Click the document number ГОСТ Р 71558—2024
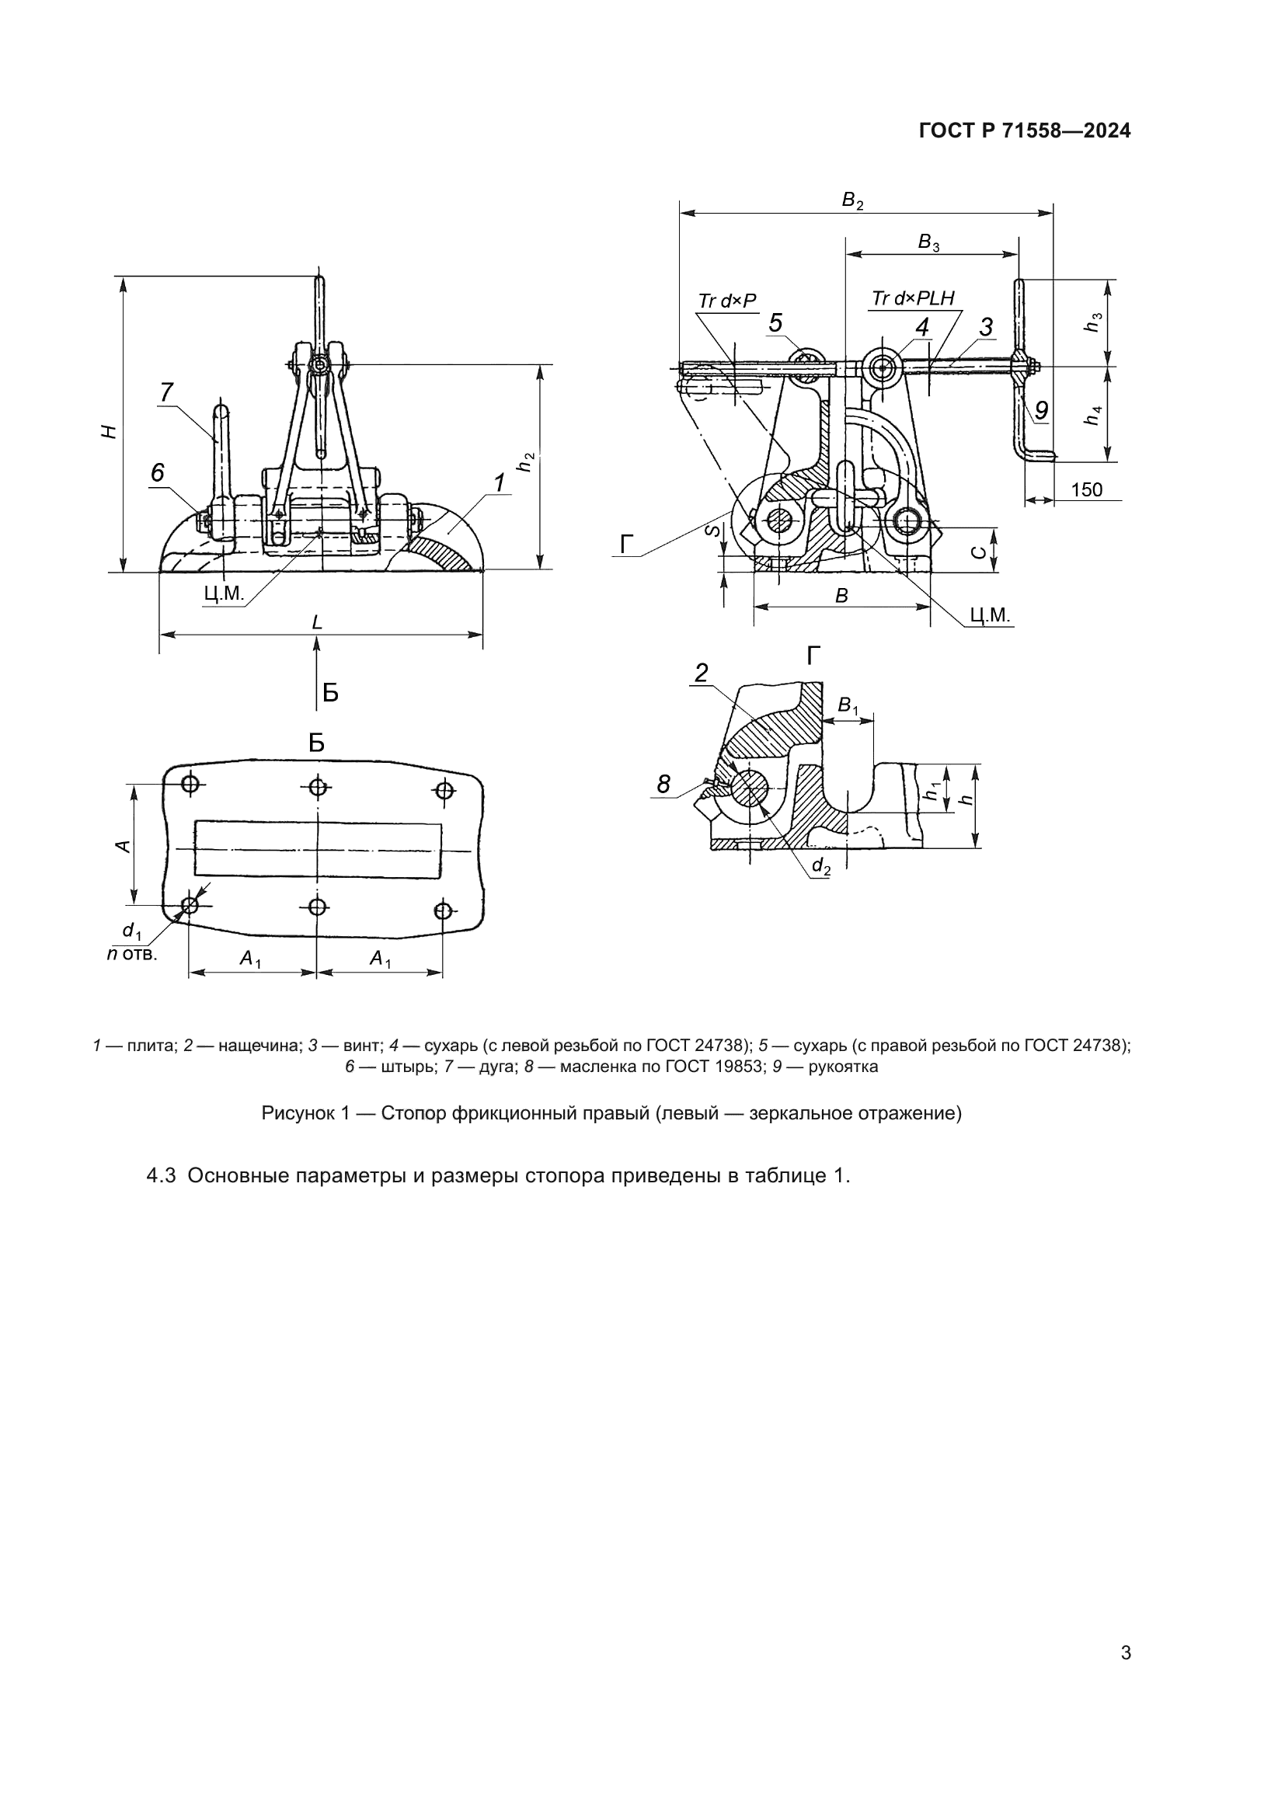(x=1025, y=131)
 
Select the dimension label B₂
(x=852, y=201)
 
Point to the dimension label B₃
(x=928, y=242)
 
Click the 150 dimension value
(x=1086, y=489)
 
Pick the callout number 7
(x=166, y=392)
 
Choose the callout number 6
(x=158, y=472)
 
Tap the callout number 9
(x=1041, y=410)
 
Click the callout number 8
(x=663, y=785)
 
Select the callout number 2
(x=701, y=673)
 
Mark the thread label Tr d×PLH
(x=912, y=298)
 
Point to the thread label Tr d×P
(x=727, y=301)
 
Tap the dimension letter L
(x=317, y=622)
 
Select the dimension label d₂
(x=821, y=867)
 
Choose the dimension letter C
(x=980, y=552)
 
